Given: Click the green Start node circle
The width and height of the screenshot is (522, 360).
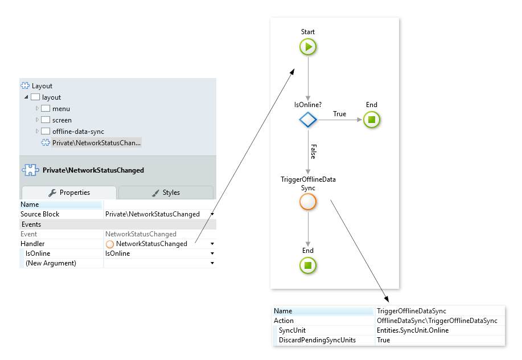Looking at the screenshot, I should pyautogui.click(x=308, y=47).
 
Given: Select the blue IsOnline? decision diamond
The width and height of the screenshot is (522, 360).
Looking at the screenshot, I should pyautogui.click(x=308, y=120).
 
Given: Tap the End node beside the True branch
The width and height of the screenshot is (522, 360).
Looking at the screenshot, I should pyautogui.click(x=371, y=120).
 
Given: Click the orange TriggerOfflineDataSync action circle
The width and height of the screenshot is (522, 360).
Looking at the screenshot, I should pyautogui.click(x=308, y=202).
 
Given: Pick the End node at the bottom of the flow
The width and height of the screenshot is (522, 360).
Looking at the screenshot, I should pyautogui.click(x=308, y=265).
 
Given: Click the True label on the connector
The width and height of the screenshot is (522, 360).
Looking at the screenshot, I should pyautogui.click(x=339, y=114).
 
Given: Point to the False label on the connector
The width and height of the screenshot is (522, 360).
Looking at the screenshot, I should pyautogui.click(x=314, y=152).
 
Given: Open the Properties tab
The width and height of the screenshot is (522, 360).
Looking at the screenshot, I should pyautogui.click(x=69, y=193).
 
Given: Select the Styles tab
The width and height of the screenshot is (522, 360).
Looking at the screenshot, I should pyautogui.click(x=166, y=193).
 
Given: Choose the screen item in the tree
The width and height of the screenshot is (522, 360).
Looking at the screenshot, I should pyautogui.click(x=61, y=120).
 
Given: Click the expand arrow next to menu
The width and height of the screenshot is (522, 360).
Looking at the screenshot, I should pyautogui.click(x=38, y=109).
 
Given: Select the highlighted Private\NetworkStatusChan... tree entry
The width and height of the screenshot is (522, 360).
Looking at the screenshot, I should pyautogui.click(x=96, y=143).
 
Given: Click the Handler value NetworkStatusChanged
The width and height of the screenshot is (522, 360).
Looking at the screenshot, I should pyautogui.click(x=151, y=244).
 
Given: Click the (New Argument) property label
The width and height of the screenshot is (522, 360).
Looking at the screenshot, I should pyautogui.click(x=51, y=263).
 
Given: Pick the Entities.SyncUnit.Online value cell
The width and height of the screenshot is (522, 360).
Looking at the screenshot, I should pyautogui.click(x=412, y=330).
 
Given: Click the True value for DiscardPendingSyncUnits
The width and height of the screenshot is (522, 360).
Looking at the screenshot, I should pyautogui.click(x=383, y=340).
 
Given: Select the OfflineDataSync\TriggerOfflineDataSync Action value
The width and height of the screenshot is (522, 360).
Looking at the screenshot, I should pyautogui.click(x=437, y=321).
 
